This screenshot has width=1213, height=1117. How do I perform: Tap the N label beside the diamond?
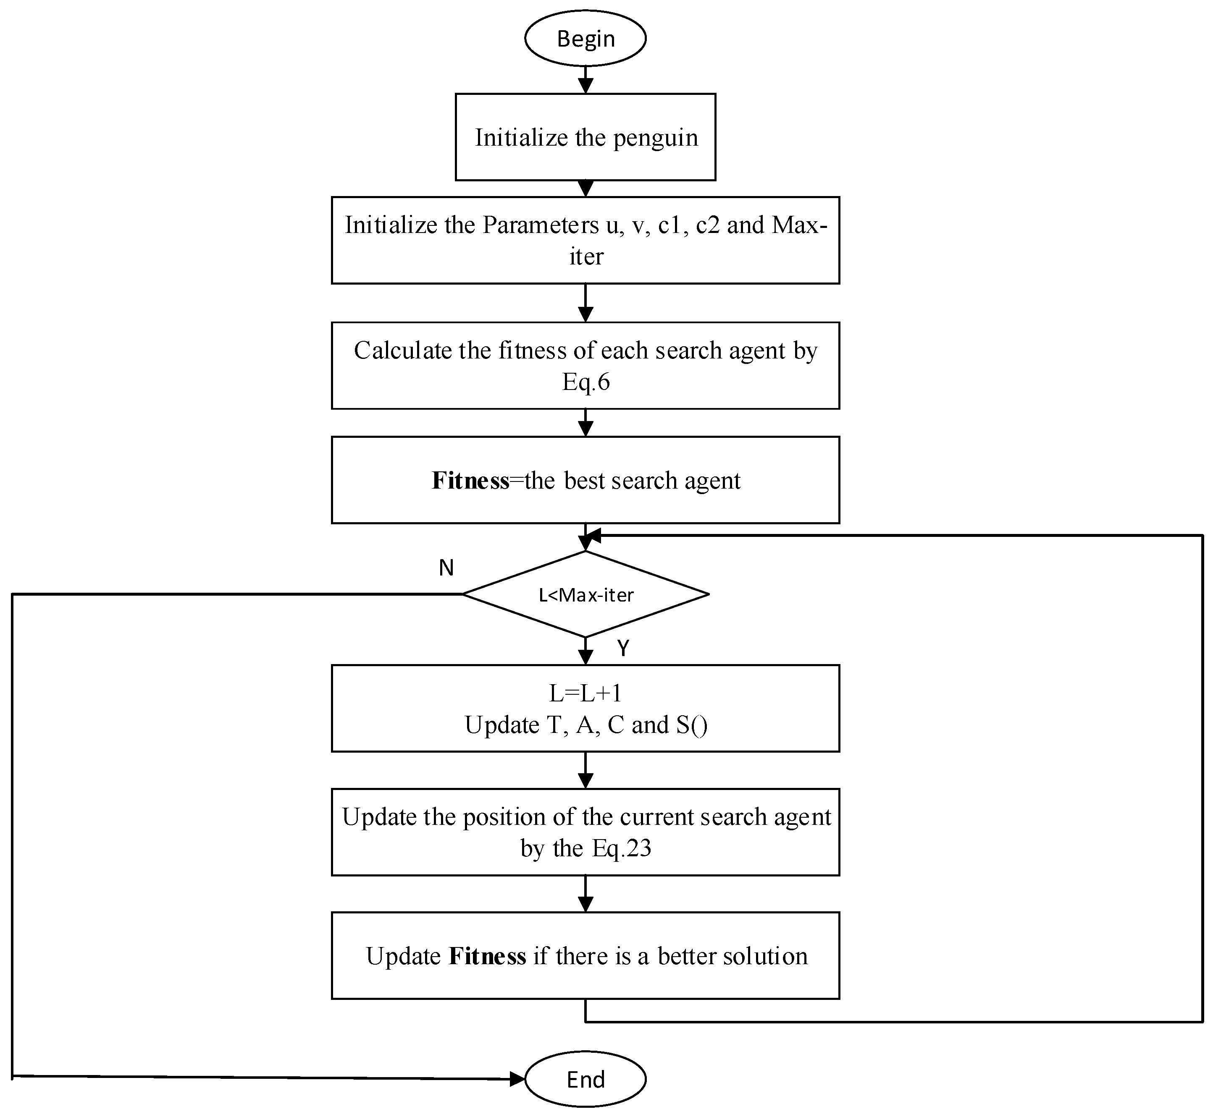[x=446, y=568]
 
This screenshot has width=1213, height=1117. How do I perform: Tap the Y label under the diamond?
[x=623, y=649]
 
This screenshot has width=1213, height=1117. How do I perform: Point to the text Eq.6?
[x=585, y=382]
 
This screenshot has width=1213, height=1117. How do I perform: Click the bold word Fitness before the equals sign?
[x=470, y=481]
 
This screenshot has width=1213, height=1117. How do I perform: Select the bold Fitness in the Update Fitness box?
[x=487, y=956]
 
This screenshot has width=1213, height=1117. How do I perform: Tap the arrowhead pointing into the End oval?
[x=517, y=1079]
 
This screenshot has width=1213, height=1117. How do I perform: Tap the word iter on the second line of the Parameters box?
[x=585, y=256]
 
